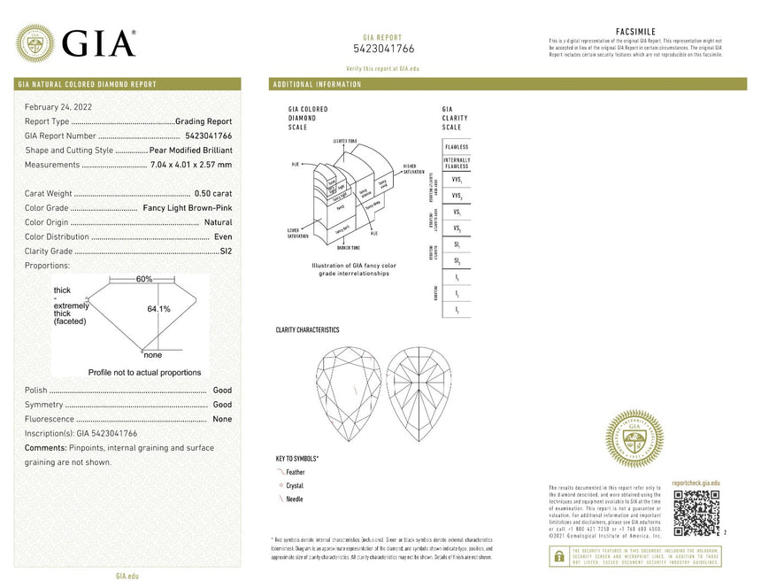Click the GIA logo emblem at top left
click(x=35, y=43)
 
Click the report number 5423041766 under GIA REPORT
click(x=383, y=49)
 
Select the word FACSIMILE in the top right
click(x=634, y=32)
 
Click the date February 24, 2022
click(x=58, y=106)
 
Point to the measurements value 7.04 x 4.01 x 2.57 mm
click(x=191, y=165)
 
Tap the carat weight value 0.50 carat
click(x=213, y=193)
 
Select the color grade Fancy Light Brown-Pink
click(x=188, y=208)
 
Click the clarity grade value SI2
click(x=226, y=251)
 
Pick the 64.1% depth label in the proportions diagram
click(x=158, y=308)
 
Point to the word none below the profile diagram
click(x=152, y=355)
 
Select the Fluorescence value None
click(x=222, y=419)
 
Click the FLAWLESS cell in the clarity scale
click(x=457, y=146)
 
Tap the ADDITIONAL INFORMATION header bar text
click(x=318, y=84)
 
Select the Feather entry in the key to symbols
click(x=295, y=473)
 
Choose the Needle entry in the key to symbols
click(x=294, y=499)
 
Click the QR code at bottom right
click(x=697, y=512)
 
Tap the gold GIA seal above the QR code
click(x=634, y=438)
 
